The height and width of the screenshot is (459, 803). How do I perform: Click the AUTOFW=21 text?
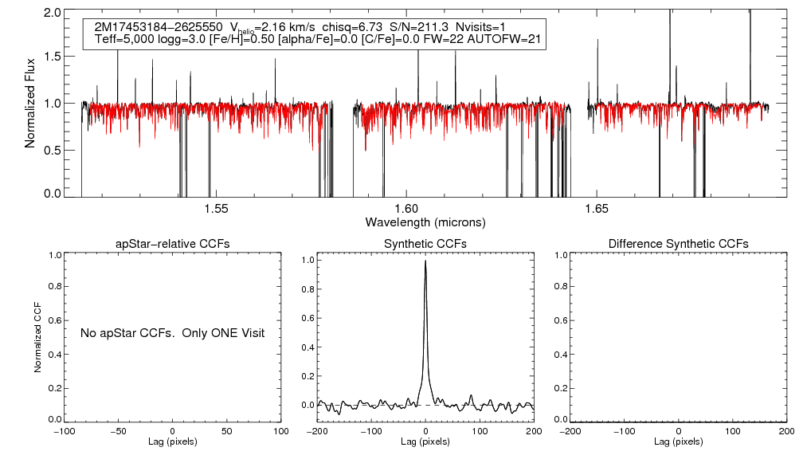point(508,39)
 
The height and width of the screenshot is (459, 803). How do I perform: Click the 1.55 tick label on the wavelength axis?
point(217,209)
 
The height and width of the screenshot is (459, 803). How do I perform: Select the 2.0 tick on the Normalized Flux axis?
point(53,14)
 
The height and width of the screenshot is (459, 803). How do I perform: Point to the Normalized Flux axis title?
point(30,104)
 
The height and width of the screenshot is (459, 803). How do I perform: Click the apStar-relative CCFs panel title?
point(173,243)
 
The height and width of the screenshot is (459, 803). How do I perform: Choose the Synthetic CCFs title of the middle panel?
point(425,243)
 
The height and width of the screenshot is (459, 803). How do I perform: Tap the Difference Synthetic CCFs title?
point(678,243)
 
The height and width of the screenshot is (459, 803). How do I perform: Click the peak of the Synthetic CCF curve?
point(426,261)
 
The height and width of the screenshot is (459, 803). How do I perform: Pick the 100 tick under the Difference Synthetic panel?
point(732,430)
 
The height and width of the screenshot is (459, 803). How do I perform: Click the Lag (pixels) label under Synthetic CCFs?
point(425,441)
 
